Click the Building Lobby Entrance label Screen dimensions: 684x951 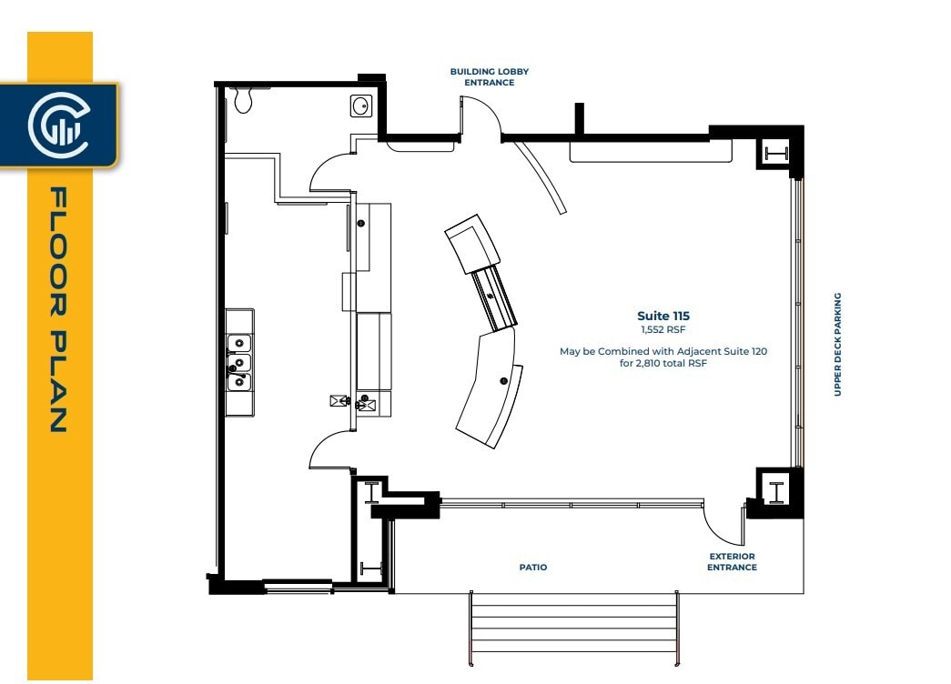[489, 76]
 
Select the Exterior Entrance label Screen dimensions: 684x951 [732, 561]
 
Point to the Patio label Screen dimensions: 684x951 [533, 567]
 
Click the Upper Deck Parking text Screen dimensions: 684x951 [837, 344]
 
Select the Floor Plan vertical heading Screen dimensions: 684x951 [59, 309]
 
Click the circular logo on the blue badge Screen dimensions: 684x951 [57, 125]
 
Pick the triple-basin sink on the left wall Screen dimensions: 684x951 [239, 363]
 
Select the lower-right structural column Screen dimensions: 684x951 [776, 491]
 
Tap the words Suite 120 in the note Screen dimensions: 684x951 [744, 350]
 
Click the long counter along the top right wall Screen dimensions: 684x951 [651, 152]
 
